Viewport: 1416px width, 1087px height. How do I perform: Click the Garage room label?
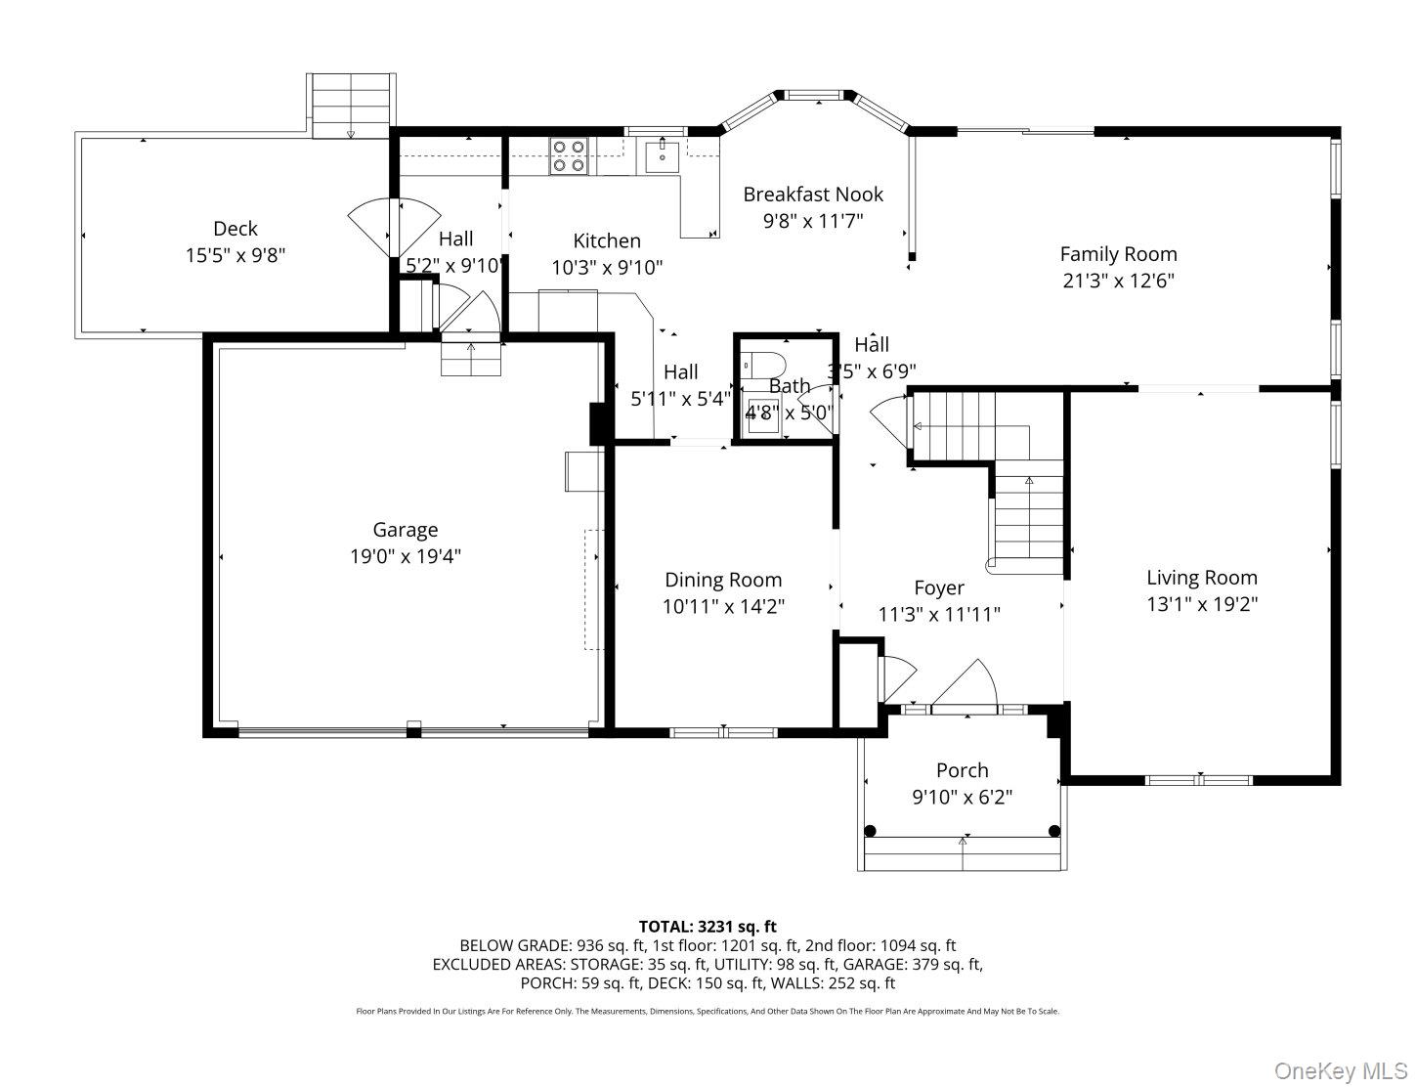pos(405,530)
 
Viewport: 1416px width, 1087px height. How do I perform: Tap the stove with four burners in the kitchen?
pos(569,155)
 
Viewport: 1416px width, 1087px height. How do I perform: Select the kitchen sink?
pos(663,155)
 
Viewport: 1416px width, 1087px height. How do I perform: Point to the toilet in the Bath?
pos(757,365)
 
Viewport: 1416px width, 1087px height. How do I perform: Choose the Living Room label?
pos(1201,578)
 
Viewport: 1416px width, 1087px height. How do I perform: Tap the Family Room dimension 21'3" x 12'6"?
pos(1118,281)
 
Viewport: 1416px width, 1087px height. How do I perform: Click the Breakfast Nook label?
pos(812,195)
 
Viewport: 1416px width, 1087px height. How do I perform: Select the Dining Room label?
pos(723,580)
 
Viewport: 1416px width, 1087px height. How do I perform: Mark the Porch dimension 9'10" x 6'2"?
pos(962,797)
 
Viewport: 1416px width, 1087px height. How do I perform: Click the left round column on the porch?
pos(870,831)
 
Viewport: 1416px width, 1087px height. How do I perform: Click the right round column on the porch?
pos(1053,831)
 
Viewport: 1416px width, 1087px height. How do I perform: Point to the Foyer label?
pos(938,587)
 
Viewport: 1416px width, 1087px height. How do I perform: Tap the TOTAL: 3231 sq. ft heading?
pos(708,926)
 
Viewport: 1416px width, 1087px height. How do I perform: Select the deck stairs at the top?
pos(350,106)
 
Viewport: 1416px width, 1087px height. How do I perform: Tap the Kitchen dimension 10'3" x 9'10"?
pos(607,267)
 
